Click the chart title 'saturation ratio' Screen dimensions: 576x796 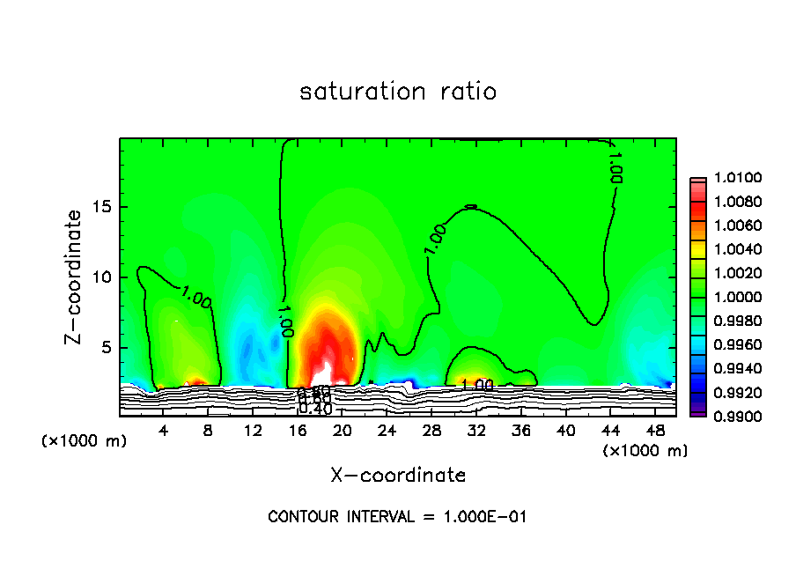(398, 92)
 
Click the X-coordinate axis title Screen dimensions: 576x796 (398, 476)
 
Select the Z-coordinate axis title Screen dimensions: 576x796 (77, 277)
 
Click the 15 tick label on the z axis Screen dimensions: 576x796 (102, 207)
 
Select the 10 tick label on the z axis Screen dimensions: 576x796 (102, 277)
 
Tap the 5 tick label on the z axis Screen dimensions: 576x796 (107, 347)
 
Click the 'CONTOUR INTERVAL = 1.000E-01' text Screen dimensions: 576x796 (398, 517)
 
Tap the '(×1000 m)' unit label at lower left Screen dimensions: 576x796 (85, 440)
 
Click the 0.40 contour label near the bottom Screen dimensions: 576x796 (315, 409)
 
